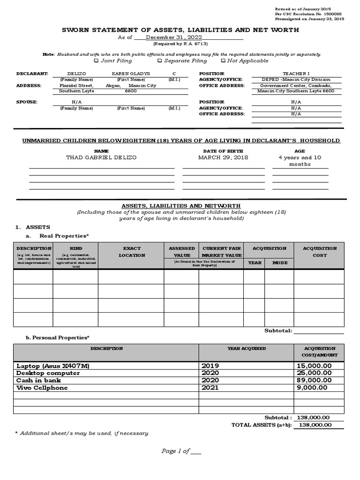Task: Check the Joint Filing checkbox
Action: coord(96,60)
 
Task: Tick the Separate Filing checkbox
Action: coord(159,60)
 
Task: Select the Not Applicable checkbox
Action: coord(223,60)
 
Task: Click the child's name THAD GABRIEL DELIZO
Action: coord(102,157)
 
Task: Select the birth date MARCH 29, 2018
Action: coord(223,157)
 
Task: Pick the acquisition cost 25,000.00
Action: coord(313,373)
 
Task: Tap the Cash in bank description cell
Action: coord(39,380)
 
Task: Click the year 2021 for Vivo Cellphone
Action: coord(210,388)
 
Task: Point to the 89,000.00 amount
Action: coord(313,380)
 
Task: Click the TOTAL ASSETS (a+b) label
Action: coord(262,425)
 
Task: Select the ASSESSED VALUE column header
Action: coord(181,252)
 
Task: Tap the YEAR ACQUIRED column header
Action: coord(247,349)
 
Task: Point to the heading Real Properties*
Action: coord(64,235)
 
